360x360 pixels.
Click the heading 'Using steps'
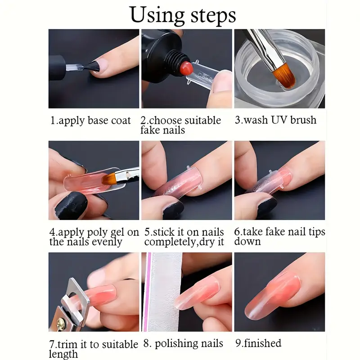pyautogui.click(x=182, y=15)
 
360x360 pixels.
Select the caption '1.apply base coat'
pyautogui.click(x=90, y=121)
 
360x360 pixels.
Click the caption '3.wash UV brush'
pyautogui.click(x=276, y=120)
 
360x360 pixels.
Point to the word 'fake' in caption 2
pyautogui.click(x=150, y=131)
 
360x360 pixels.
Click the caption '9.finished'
pyautogui.click(x=258, y=344)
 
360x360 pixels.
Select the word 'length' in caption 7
pyautogui.click(x=63, y=355)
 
